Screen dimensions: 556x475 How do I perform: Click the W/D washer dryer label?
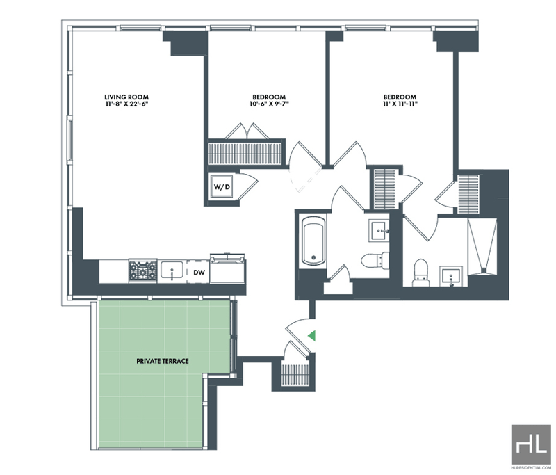point(222,187)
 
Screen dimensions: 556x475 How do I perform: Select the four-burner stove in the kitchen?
point(143,271)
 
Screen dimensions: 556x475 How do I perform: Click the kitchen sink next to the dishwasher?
point(172,270)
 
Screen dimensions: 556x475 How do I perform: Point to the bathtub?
point(313,241)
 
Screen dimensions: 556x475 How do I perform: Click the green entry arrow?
point(311,336)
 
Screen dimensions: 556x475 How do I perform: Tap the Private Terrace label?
point(163,361)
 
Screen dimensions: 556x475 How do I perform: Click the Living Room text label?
point(126,97)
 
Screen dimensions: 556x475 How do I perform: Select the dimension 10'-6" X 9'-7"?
point(269,104)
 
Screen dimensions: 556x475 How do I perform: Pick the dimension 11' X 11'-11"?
point(400,104)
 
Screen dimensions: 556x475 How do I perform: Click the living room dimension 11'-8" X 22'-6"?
point(126,104)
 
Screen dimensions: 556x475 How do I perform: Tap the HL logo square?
point(531,444)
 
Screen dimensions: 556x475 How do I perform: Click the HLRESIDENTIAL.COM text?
point(531,467)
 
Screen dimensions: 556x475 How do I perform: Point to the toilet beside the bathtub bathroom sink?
point(373,260)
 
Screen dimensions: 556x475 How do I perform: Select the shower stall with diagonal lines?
point(482,247)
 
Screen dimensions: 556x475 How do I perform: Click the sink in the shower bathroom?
point(450,277)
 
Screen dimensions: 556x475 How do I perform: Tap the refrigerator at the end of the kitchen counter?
point(227,268)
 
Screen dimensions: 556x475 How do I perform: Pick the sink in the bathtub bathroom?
point(379,230)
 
